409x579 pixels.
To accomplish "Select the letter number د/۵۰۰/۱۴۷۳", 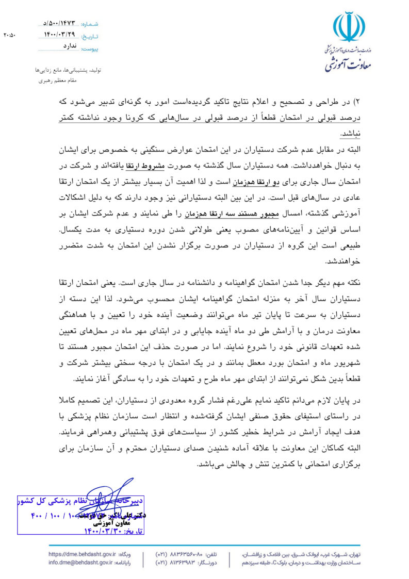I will [x=59, y=24].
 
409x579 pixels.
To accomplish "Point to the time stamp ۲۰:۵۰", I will [x=10, y=36].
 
